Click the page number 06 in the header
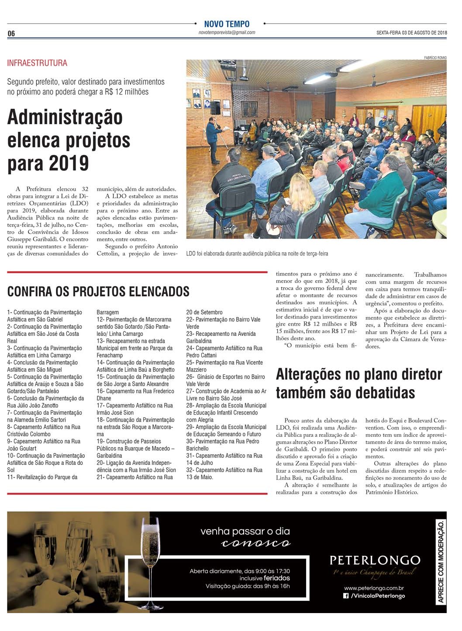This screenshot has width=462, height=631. coord(11,34)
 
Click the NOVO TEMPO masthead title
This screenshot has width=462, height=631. coord(227,24)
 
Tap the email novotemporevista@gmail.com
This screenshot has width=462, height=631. coord(227,33)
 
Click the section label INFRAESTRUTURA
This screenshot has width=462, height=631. coord(37,63)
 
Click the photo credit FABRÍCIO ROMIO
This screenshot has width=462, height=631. coord(434,57)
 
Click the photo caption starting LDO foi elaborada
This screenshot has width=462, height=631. coord(257,254)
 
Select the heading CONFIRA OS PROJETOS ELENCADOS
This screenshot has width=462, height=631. coord(98,291)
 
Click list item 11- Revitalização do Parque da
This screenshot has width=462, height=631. coord(42,477)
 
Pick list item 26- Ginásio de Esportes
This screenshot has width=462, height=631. coord(226,377)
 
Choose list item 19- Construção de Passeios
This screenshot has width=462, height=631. coord(129,441)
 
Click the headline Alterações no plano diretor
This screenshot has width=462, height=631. coord(359,375)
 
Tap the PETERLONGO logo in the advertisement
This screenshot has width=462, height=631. coord(375,560)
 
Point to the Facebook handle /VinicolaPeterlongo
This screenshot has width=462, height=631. coord(374,596)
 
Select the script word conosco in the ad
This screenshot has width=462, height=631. coord(255,544)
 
